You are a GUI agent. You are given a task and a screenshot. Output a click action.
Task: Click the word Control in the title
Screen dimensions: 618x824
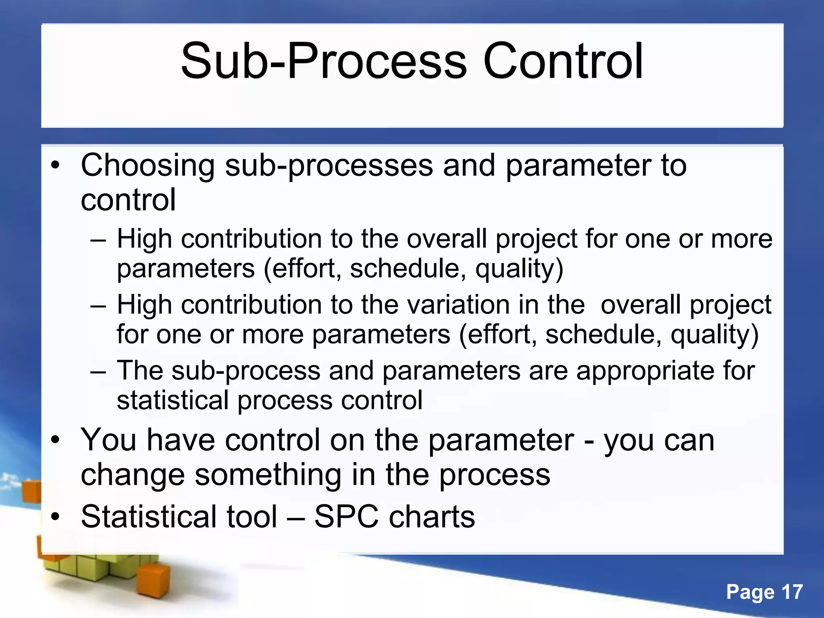pyautogui.click(x=563, y=61)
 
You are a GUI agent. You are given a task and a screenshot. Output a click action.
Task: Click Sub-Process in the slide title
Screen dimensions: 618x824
pyautogui.click(x=324, y=61)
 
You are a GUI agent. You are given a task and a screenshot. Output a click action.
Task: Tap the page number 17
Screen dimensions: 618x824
pyautogui.click(x=792, y=592)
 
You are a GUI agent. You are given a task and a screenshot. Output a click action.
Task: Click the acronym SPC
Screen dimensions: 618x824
pyautogui.click(x=346, y=517)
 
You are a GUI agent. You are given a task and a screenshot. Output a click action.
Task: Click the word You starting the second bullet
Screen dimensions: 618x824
pyautogui.click(x=108, y=440)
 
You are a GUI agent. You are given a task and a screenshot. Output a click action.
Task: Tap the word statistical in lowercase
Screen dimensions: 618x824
pyautogui.click(x=173, y=400)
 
